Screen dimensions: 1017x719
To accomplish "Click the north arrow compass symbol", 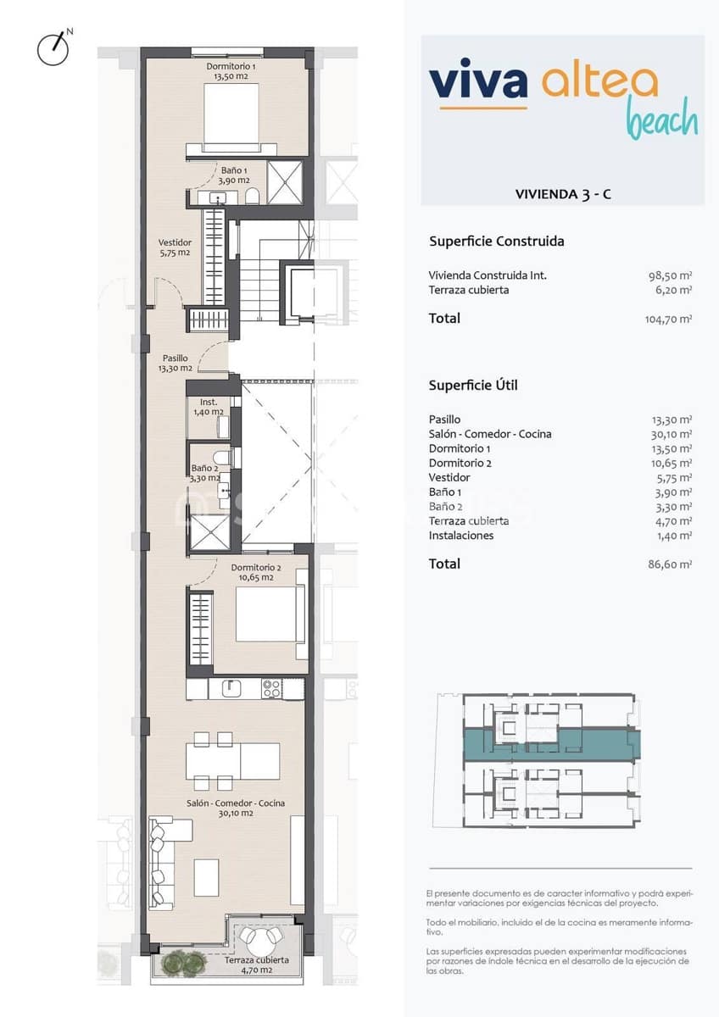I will pyautogui.click(x=53, y=49).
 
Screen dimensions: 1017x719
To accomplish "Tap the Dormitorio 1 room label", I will pyautogui.click(x=231, y=71).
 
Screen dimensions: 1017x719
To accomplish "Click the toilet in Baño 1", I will pyautogui.click(x=252, y=197).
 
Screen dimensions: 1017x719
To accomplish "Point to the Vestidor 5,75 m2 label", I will pyautogui.click(x=175, y=247).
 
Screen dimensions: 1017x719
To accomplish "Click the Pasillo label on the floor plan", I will pyautogui.click(x=176, y=364).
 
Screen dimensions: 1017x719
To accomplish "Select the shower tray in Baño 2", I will pyautogui.click(x=210, y=531).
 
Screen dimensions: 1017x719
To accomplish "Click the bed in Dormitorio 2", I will pyautogui.click(x=265, y=614).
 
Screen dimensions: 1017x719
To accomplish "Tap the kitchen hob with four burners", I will pyautogui.click(x=271, y=688).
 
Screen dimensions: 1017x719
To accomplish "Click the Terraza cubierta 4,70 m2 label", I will pyautogui.click(x=257, y=965).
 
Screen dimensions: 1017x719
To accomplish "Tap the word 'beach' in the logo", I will pyautogui.click(x=661, y=119).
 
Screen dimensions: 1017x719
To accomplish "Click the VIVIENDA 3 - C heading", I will pyautogui.click(x=563, y=194).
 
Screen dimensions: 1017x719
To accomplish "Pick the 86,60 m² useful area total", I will pyautogui.click(x=671, y=564).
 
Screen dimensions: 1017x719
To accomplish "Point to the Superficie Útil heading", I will pyautogui.click(x=472, y=386).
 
